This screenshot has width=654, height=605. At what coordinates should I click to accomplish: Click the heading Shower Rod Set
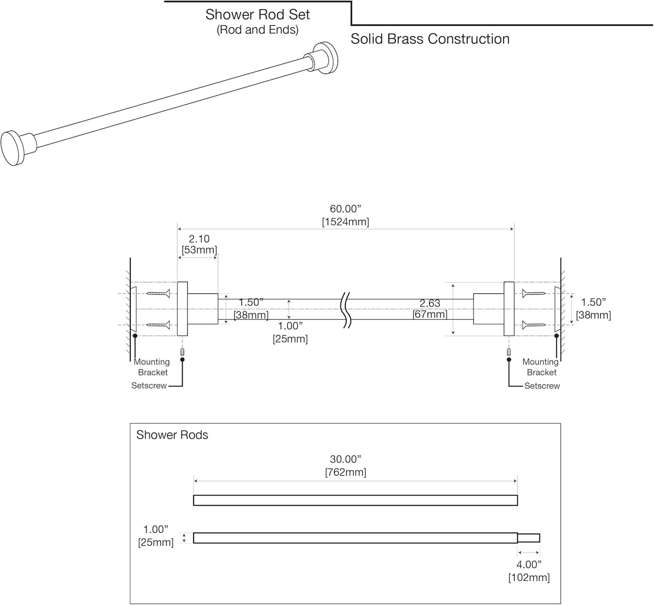coord(257,14)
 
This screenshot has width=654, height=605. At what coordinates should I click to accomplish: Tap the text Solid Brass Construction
coord(430,39)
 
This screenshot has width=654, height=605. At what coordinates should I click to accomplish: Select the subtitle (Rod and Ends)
coord(257,30)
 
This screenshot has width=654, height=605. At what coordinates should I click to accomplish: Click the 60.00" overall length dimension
coord(345,215)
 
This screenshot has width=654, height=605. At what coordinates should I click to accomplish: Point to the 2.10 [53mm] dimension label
coord(199,244)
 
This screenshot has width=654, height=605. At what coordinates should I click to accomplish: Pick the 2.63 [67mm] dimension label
coord(430,309)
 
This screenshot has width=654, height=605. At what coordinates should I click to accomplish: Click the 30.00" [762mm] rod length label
coord(345,466)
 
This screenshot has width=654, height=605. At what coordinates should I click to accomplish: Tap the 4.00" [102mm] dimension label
coord(529,571)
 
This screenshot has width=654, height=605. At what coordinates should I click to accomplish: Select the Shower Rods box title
coord(172,435)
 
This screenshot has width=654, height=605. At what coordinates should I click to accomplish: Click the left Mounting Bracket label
coord(152,367)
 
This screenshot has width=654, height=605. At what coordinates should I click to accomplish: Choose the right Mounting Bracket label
coord(541,367)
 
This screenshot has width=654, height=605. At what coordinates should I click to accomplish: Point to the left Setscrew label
coord(149,386)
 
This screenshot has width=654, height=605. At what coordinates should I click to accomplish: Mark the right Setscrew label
coord(542,386)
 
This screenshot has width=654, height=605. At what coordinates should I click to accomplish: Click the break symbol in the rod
coord(346,310)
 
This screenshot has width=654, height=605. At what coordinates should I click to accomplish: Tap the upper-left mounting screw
coord(158,294)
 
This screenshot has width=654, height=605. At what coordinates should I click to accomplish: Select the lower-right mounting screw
coord(534,324)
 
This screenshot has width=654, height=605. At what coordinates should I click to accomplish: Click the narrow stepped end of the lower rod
coord(529,538)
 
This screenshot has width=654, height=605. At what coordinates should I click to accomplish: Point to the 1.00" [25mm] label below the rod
coord(290,332)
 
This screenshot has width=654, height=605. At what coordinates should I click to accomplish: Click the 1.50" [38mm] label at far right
coord(593,309)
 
